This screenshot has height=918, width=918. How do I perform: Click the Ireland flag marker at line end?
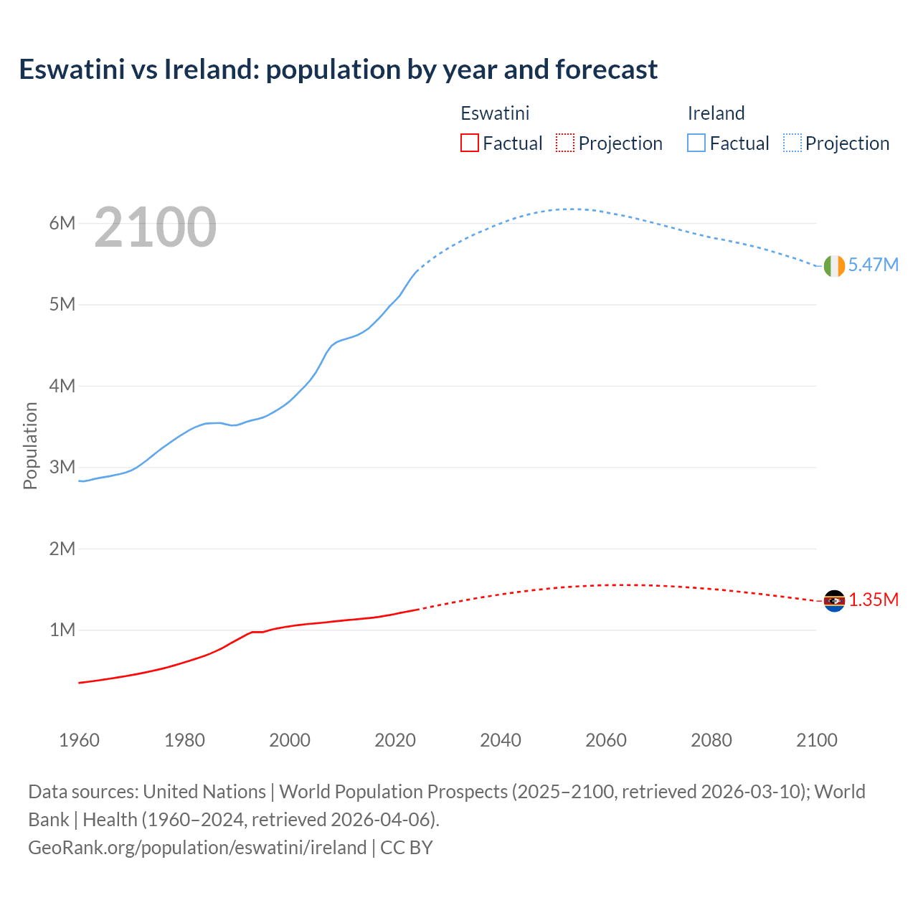pos(834,266)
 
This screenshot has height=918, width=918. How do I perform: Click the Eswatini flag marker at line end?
pos(834,601)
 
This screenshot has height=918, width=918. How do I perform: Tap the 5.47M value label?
pos(873,265)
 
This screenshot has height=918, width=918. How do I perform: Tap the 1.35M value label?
pos(873,600)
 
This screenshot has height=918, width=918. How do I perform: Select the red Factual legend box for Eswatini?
pos(469,143)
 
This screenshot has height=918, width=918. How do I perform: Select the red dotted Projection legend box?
pos(565,143)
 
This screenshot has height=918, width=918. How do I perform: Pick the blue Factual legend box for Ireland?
pos(696,143)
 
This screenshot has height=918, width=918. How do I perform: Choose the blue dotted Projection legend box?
pos(792,143)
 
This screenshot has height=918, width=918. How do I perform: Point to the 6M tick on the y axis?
pos(62,223)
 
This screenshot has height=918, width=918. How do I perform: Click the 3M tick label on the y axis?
pos(62,467)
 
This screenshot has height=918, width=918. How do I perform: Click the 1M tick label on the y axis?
pos(62,630)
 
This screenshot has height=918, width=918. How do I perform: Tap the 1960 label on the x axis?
pos(79,740)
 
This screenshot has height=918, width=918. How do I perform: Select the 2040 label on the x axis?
pos(501,740)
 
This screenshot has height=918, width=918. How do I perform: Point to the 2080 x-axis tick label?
pos(711,740)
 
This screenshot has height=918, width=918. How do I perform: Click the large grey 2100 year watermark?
pos(155,227)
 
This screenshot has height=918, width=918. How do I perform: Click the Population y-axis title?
pos(30,445)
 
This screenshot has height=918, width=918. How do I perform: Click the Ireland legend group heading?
pos(716,113)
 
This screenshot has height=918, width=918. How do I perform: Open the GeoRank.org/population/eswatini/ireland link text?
pos(197,848)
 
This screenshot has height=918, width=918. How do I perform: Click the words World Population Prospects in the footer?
pos(393,792)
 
